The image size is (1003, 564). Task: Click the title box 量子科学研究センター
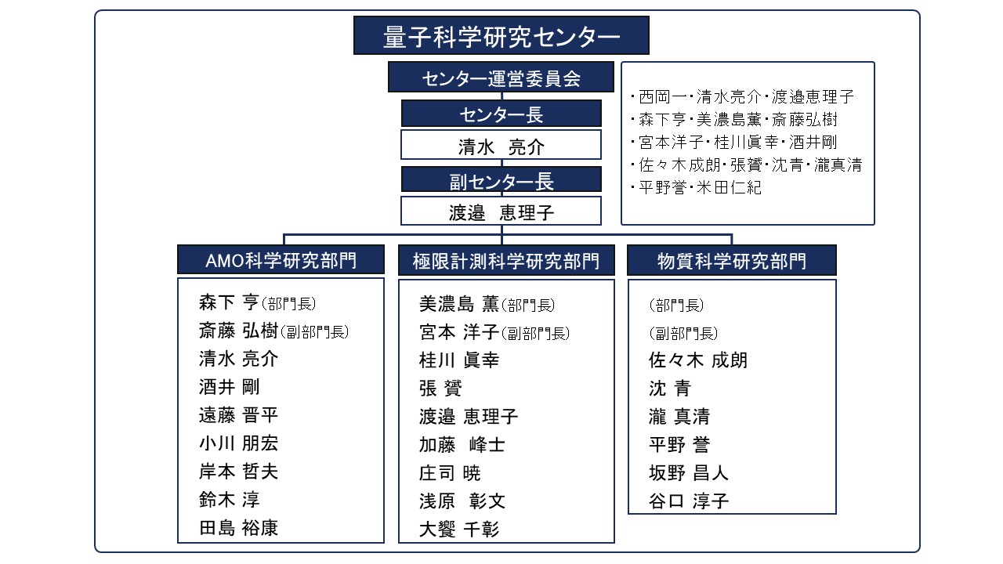[501, 35]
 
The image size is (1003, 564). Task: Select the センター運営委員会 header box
[501, 77]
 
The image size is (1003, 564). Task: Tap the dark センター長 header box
[501, 114]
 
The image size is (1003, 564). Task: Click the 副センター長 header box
[501, 179]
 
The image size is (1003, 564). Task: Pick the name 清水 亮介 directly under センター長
[501, 145]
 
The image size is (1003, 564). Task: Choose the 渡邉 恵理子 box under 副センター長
[501, 211]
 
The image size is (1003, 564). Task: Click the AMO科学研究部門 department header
[281, 259]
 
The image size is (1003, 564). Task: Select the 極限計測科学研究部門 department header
[506, 260]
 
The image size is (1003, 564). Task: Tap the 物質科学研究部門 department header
[732, 260]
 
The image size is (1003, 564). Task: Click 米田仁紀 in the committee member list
[729, 187]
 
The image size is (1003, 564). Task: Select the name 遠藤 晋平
[238, 415]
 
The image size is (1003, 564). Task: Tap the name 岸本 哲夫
[238, 472]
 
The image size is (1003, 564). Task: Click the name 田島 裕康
[238, 528]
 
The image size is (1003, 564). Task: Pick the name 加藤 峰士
[462, 444]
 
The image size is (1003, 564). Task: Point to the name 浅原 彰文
[462, 501]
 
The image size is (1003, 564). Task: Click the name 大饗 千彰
[459, 529]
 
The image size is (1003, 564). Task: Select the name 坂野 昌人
[689, 472]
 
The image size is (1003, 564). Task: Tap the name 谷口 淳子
[689, 501]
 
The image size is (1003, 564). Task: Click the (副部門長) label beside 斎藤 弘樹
[315, 331]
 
